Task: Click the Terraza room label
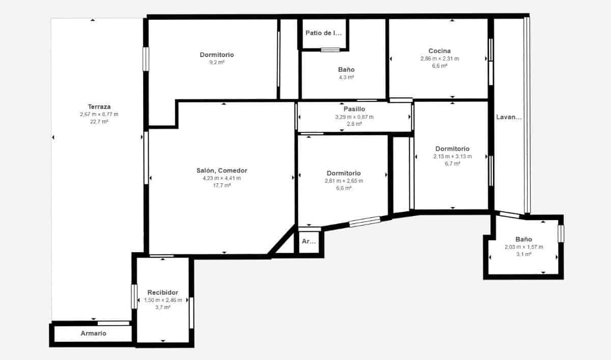(x=99, y=107)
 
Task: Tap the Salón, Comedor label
(x=221, y=171)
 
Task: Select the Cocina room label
(x=439, y=51)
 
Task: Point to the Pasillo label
(x=354, y=109)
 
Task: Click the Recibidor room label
(x=162, y=292)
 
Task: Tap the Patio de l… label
(x=323, y=33)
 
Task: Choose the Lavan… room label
(x=509, y=117)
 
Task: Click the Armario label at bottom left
(x=93, y=334)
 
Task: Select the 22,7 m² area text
(x=99, y=122)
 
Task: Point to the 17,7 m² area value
(x=221, y=185)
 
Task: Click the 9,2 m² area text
(x=217, y=62)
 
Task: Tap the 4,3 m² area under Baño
(x=346, y=77)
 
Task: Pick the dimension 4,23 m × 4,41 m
(x=221, y=178)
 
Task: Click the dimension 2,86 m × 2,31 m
(x=439, y=59)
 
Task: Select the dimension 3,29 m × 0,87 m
(x=354, y=117)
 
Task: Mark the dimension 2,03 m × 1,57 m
(x=523, y=247)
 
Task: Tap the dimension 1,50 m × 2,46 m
(x=162, y=300)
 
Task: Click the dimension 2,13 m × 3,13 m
(x=453, y=156)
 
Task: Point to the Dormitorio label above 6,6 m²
(x=344, y=173)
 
